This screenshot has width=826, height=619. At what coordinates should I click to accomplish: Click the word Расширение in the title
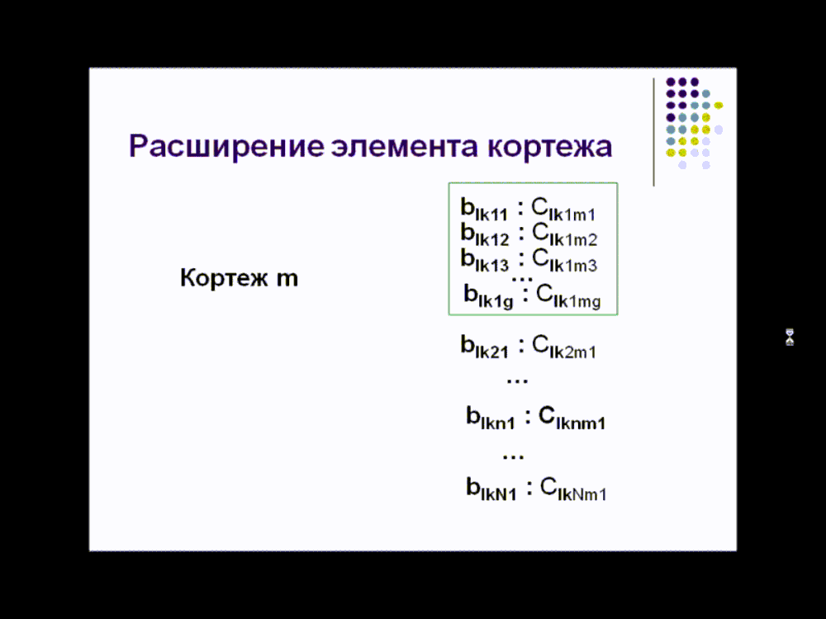tap(226, 147)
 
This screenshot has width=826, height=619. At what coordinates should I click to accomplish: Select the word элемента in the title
tap(405, 147)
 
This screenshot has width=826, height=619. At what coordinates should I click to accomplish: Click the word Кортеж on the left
tap(224, 277)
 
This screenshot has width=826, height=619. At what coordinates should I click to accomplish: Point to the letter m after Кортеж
tap(287, 279)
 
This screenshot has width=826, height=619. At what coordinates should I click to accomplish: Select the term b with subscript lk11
tap(484, 210)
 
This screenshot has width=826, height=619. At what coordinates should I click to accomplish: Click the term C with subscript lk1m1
tap(563, 210)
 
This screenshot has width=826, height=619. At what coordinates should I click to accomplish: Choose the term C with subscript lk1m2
tap(564, 234)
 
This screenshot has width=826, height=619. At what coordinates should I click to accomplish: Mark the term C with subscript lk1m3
tap(564, 261)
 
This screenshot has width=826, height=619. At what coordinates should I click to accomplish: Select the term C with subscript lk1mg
tap(568, 296)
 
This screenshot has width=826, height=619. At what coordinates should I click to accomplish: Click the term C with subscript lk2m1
tap(563, 347)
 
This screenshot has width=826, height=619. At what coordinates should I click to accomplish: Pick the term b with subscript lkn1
tap(491, 418)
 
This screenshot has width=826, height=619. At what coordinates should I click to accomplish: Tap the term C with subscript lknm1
tap(572, 418)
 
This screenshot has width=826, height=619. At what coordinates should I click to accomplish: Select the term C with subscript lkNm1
tap(573, 489)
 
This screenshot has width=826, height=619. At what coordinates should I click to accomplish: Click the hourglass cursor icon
tap(790, 338)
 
